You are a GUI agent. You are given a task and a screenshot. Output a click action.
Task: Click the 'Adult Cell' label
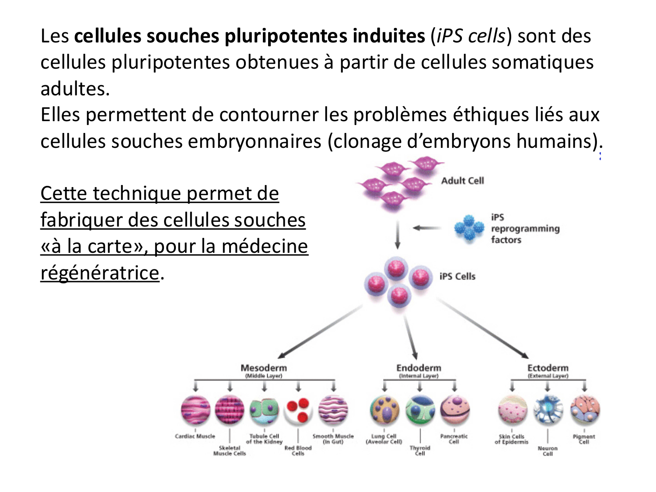pyautogui.click(x=462, y=181)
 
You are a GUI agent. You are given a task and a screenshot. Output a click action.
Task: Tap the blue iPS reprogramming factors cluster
pyautogui.click(x=469, y=228)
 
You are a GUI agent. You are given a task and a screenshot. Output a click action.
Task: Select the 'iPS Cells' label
pyautogui.click(x=457, y=276)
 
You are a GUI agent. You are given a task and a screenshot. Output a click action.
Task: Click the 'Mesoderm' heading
pyautogui.click(x=264, y=368)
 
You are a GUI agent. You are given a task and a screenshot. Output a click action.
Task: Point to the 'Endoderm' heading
pyautogui.click(x=419, y=368)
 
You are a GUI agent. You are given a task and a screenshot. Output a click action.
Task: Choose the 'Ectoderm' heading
pyautogui.click(x=548, y=368)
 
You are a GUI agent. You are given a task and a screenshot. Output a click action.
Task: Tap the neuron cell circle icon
pyautogui.click(x=548, y=410)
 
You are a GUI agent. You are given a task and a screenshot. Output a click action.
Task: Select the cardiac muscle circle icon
pyautogui.click(x=195, y=410)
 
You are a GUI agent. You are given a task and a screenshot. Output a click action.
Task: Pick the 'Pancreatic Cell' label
pyautogui.click(x=454, y=439)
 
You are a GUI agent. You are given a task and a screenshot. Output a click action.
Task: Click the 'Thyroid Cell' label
pyautogui.click(x=420, y=450)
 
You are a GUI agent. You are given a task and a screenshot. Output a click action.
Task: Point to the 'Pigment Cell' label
pyautogui.click(x=584, y=439)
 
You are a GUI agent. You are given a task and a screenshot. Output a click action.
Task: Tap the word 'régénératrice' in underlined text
pyautogui.click(x=100, y=273)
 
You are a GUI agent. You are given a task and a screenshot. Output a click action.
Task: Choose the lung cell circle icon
pyautogui.click(x=384, y=410)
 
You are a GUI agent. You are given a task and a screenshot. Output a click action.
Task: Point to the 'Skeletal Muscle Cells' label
pyautogui.click(x=230, y=450)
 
